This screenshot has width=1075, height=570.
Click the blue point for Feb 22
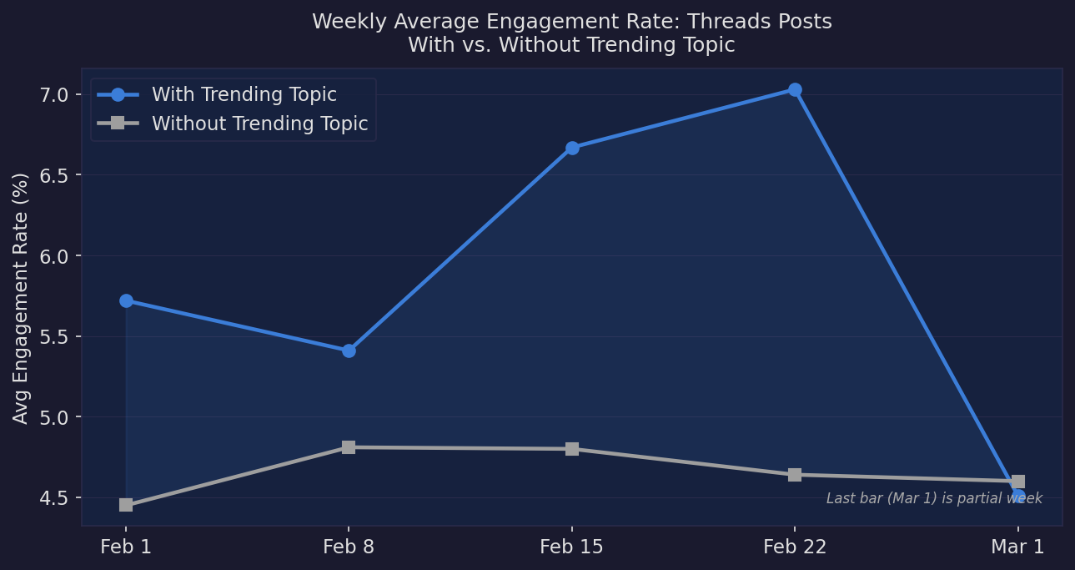(x=795, y=90)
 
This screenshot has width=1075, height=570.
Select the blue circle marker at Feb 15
(x=572, y=148)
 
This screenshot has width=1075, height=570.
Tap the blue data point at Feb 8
(x=349, y=351)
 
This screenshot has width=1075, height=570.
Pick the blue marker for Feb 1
(x=126, y=300)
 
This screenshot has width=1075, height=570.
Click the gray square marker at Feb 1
(x=126, y=505)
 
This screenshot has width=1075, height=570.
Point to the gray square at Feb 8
(x=349, y=447)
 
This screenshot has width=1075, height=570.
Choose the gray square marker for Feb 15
(x=572, y=449)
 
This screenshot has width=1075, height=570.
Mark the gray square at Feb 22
(x=795, y=475)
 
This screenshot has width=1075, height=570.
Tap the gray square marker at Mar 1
(x=1018, y=482)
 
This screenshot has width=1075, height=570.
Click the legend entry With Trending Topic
(x=244, y=95)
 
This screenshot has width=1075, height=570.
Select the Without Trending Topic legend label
(x=259, y=124)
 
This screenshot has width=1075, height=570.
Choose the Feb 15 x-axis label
(x=572, y=547)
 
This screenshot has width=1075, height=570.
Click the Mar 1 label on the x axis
(x=1017, y=547)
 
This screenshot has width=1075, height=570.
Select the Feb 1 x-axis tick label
(x=126, y=547)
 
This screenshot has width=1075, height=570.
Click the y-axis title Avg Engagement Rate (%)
(x=22, y=297)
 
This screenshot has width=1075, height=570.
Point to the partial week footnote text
(x=934, y=499)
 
